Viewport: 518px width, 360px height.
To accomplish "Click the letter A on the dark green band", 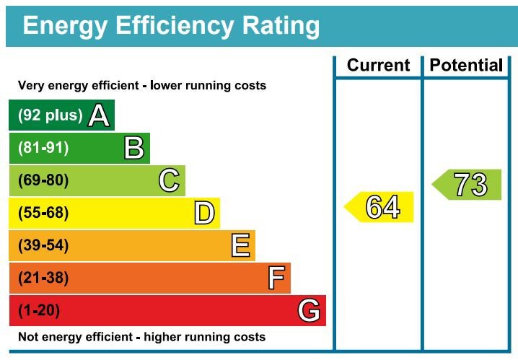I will (x=98, y=115).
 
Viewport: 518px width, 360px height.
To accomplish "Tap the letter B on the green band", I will (x=133, y=148).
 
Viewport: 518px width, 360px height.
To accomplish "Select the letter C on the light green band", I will (x=169, y=180).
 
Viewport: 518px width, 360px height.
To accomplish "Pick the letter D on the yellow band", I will (x=204, y=213).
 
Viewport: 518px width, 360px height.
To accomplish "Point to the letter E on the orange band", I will (x=240, y=246).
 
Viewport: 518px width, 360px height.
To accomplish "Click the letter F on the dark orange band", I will (x=276, y=278).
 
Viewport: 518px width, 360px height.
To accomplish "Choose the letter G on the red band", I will (x=309, y=311).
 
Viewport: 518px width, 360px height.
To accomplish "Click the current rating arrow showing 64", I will (x=379, y=207).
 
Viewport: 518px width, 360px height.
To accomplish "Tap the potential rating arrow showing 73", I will (x=467, y=185).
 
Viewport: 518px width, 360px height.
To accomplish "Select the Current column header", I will (x=378, y=66).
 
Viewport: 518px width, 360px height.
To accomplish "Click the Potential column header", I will (x=466, y=66).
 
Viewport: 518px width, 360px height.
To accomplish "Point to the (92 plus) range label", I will (x=50, y=115).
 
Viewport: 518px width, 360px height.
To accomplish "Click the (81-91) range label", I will (x=43, y=148).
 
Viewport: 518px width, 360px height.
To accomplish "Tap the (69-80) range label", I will (x=43, y=180).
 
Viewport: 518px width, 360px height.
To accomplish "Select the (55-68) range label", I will (x=43, y=214).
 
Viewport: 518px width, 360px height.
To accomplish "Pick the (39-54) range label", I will (x=43, y=246).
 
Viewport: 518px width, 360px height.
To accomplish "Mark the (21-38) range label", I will (x=43, y=278).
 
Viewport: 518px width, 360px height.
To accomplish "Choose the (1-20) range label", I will (x=39, y=311).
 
